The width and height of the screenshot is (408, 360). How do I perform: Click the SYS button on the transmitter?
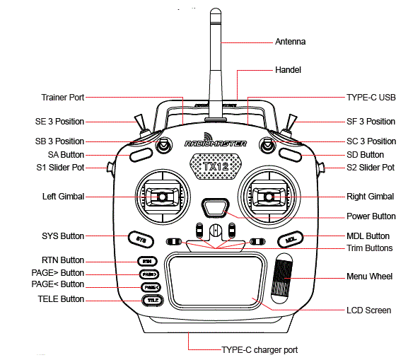pyautogui.click(x=141, y=239)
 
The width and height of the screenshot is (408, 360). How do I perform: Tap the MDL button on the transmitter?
pyautogui.click(x=290, y=239)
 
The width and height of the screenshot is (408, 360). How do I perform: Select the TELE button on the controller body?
pyautogui.click(x=152, y=301)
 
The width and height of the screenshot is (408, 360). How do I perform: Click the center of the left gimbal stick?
pyautogui.click(x=162, y=196)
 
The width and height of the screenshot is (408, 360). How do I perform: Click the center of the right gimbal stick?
pyautogui.click(x=269, y=196)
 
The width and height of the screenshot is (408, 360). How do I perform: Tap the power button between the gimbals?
pyautogui.click(x=216, y=207)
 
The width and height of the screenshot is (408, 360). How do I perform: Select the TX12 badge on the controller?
pyautogui.click(x=216, y=167)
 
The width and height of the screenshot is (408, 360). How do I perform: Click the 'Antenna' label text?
pyautogui.click(x=290, y=42)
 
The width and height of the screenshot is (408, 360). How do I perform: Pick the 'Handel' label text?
pyautogui.click(x=288, y=70)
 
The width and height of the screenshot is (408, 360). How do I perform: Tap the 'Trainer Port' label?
pyautogui.click(x=63, y=97)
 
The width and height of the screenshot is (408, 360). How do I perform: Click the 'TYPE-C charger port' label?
pyautogui.click(x=260, y=349)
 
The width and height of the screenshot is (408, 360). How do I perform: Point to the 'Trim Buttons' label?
pyautogui.click(x=370, y=248)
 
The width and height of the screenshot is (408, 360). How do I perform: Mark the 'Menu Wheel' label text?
pyautogui.click(x=370, y=276)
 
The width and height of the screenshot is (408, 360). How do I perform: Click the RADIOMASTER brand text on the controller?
pyautogui.click(x=216, y=144)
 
